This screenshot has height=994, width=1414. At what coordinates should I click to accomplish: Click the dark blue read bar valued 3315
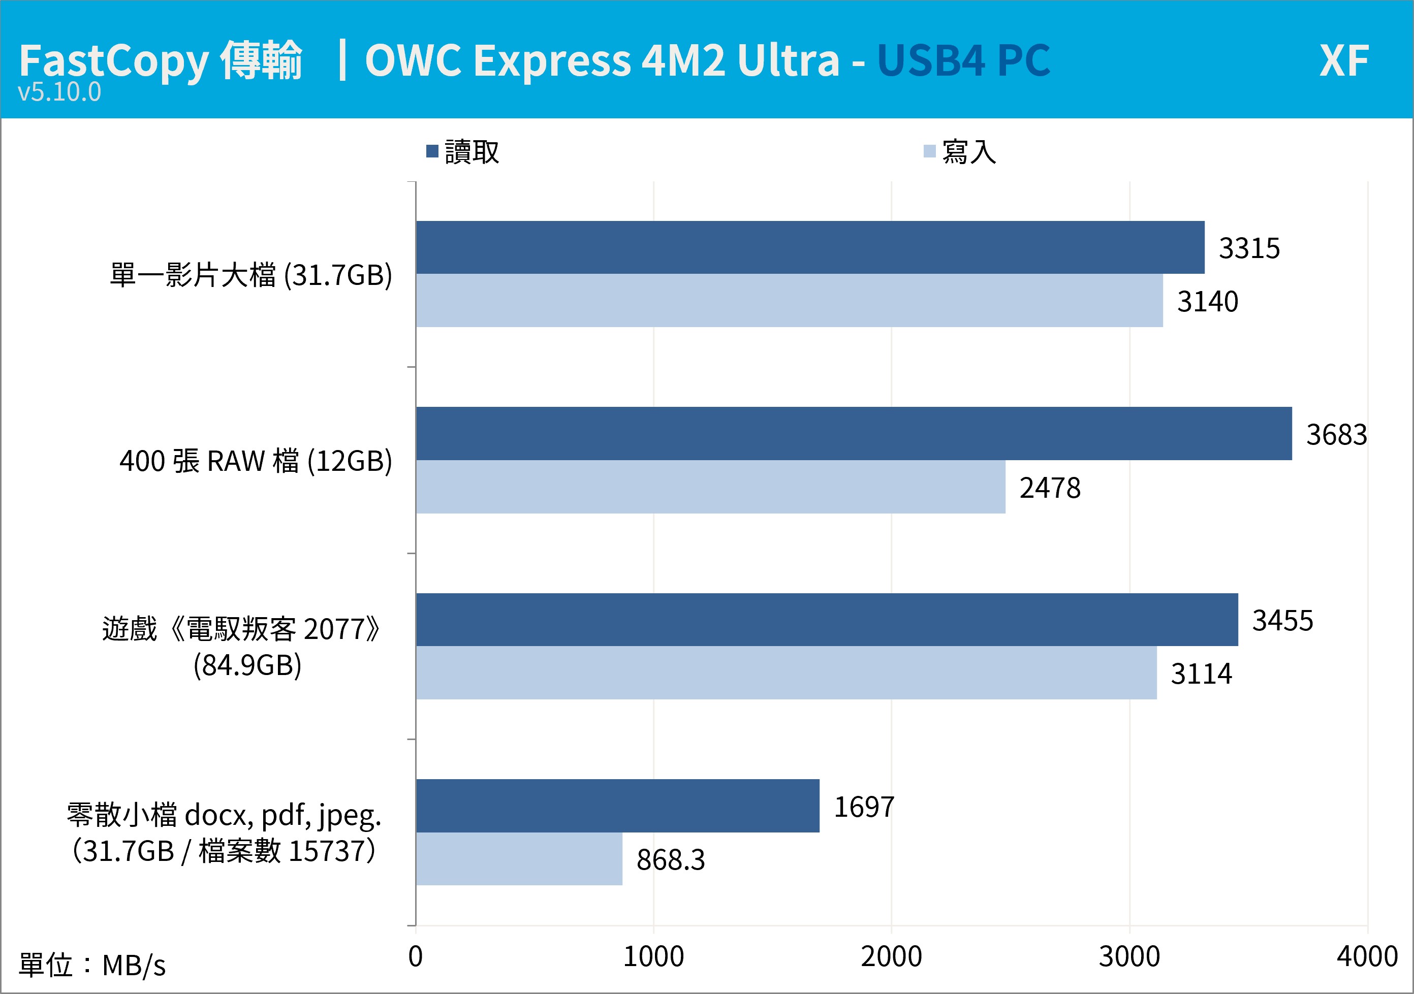coord(810,247)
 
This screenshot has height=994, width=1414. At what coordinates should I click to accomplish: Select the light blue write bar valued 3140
coord(790,300)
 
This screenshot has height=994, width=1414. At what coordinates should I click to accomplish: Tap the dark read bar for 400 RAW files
coord(854,433)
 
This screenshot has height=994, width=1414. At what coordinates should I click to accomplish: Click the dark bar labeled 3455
coord(827,620)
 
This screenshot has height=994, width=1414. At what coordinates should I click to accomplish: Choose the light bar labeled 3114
coord(787,672)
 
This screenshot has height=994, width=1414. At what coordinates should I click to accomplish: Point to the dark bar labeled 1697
coord(618,806)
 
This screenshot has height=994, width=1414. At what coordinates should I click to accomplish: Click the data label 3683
coord(1336,435)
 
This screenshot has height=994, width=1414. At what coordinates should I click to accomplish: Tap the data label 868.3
coord(671,860)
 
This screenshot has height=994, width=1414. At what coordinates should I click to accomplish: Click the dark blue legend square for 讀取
coord(432,151)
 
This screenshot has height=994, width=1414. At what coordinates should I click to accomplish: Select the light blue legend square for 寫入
coord(930,151)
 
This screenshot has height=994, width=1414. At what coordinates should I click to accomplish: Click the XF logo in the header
coord(1344,61)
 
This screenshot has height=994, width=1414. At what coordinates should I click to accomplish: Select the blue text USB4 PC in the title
coord(964,61)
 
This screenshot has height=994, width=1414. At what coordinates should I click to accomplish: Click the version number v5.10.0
coord(60,92)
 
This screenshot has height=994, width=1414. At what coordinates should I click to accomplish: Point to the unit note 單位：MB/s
coord(92,965)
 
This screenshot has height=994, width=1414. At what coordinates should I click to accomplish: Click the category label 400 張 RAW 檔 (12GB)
coord(256,461)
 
